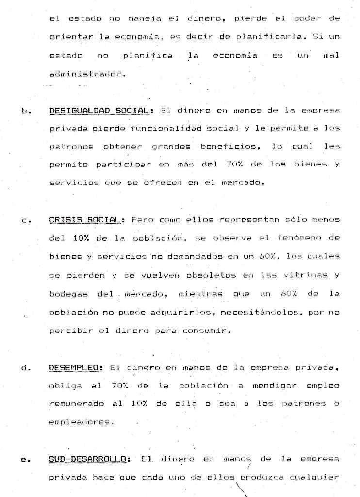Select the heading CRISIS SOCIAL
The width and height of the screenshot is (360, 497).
[84, 220]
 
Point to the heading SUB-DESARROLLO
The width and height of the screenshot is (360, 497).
[90, 458]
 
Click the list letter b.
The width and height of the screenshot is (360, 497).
[25, 111]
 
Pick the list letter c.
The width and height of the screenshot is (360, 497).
[24, 221]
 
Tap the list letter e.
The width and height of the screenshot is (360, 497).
[24, 459]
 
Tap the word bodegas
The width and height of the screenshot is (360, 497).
[67, 294]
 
